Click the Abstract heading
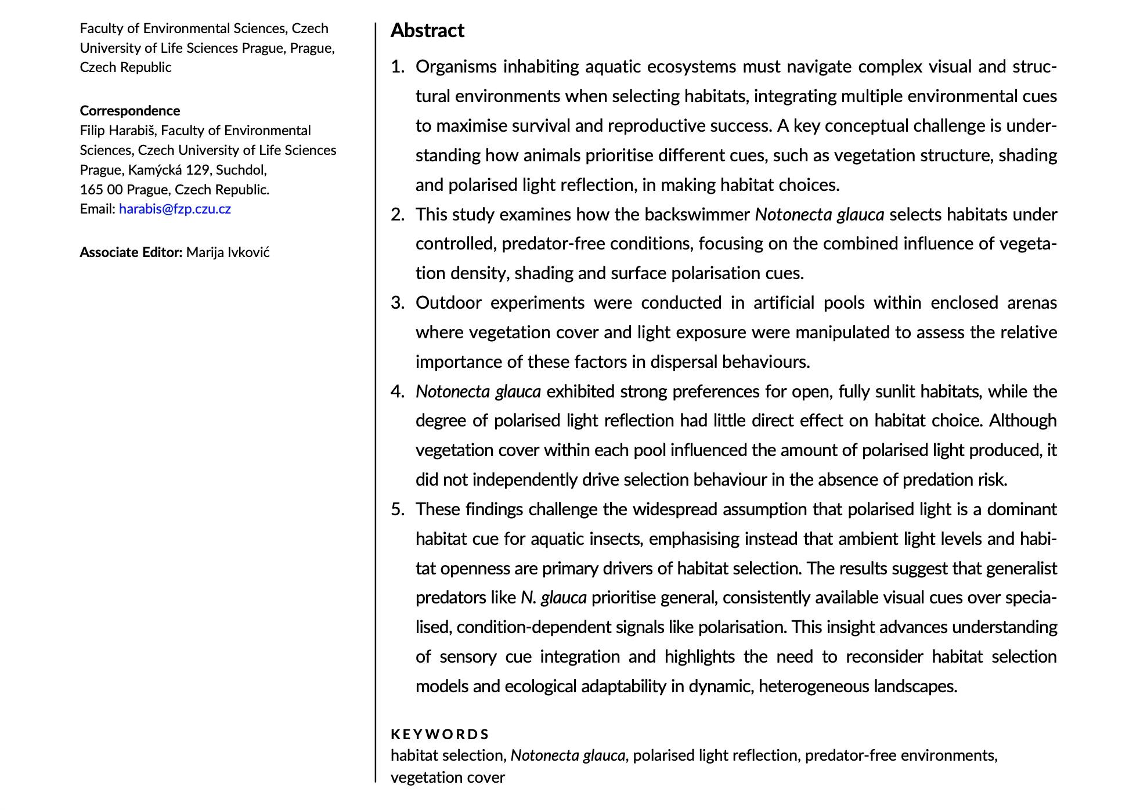[427, 31]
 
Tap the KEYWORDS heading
[439, 735]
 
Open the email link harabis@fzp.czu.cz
[175, 209]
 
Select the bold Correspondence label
[130, 111]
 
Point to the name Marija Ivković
[228, 252]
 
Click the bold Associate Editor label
[131, 252]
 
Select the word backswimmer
[697, 215]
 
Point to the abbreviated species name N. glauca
[553, 598]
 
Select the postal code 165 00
[101, 190]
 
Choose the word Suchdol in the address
[241, 170]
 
